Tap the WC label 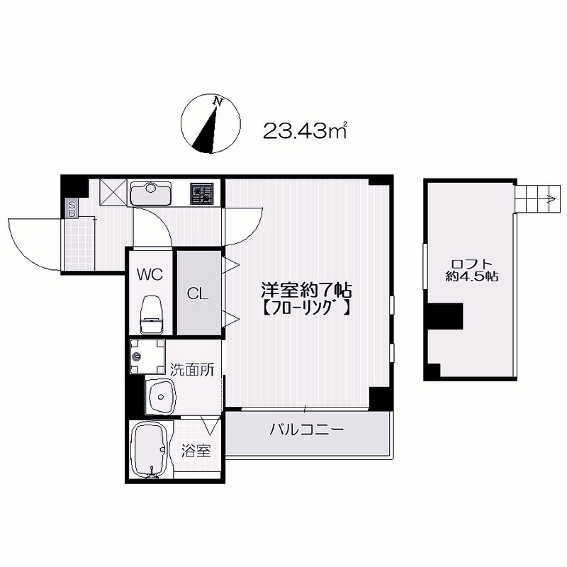(150, 273)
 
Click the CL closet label (197, 293)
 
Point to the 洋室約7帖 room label (306, 290)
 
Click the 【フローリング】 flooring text (305, 308)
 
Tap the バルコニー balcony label (306, 430)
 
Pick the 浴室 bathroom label (195, 449)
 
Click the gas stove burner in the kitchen (202, 192)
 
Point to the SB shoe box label (71, 208)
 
